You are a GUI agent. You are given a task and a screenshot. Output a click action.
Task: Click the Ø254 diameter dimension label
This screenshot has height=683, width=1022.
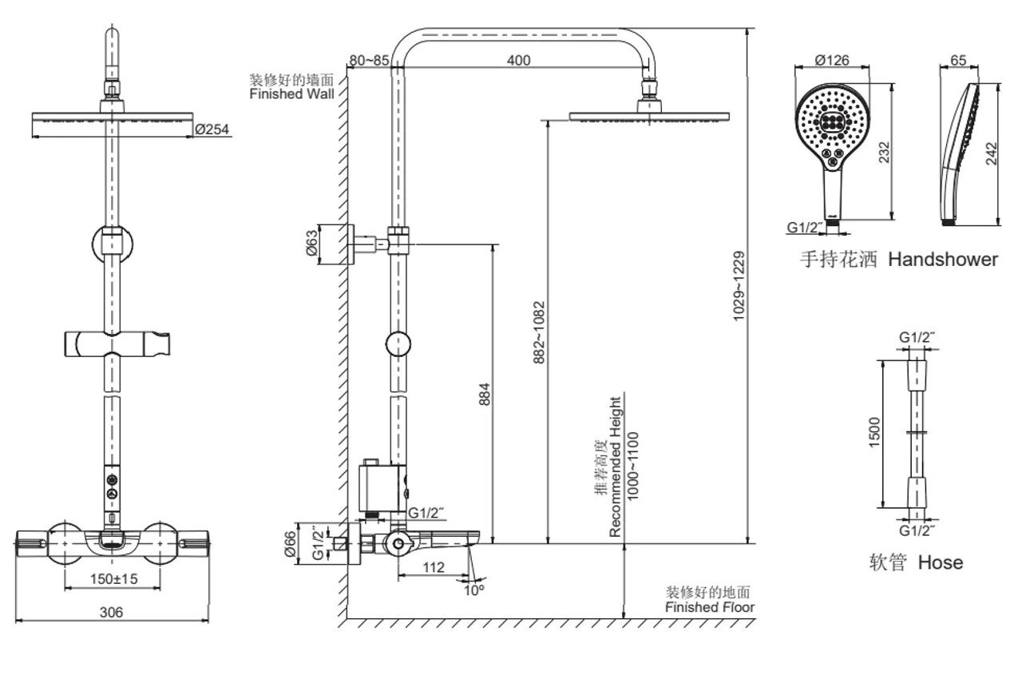click(212, 129)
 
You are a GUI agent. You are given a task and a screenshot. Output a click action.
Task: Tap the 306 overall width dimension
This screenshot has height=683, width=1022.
click(111, 612)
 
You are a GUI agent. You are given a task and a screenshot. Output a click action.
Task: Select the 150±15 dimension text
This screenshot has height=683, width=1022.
click(113, 579)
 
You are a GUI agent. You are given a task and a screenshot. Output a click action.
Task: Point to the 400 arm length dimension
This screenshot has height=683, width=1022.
click(519, 60)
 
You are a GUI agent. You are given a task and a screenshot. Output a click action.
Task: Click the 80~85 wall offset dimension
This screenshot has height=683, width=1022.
click(369, 60)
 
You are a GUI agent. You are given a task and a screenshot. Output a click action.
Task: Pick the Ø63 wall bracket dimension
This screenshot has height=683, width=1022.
click(311, 243)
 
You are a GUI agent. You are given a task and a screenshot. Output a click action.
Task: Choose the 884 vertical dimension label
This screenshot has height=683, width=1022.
click(485, 394)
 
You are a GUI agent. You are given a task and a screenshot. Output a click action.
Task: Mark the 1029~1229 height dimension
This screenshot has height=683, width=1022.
click(739, 286)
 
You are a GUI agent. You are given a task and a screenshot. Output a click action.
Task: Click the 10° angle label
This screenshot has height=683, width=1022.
click(474, 591)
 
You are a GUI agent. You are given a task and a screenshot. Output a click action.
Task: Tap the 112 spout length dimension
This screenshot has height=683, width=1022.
click(434, 567)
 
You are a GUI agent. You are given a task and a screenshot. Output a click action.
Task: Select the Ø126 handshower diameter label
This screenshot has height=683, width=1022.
click(832, 60)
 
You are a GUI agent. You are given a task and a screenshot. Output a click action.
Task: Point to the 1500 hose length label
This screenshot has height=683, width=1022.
click(874, 432)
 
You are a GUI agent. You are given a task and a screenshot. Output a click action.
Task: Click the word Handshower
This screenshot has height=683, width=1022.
click(943, 260)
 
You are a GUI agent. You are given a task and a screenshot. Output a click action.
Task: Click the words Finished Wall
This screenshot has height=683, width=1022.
click(292, 93)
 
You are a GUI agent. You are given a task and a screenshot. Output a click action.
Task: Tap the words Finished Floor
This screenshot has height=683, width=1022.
click(710, 607)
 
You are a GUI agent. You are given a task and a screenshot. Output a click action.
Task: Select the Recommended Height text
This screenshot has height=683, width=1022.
click(615, 467)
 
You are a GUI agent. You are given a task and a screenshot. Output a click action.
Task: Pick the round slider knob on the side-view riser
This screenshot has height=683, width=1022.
click(398, 343)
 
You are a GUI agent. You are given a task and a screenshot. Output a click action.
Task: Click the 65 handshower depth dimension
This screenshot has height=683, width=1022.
click(959, 60)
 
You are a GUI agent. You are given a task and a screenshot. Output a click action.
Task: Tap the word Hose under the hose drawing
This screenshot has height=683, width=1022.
click(941, 562)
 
